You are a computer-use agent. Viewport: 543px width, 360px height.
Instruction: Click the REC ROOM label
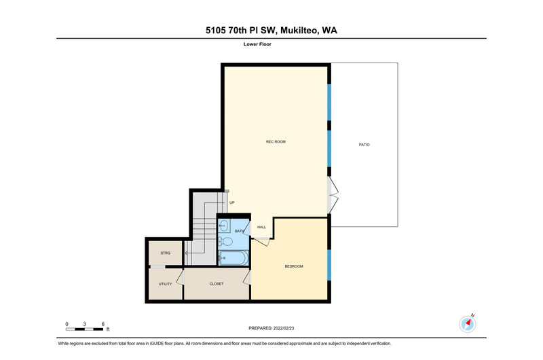click(276, 142)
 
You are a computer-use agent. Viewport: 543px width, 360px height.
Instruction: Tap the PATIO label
click(364, 145)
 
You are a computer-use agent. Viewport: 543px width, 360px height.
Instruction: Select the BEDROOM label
click(294, 266)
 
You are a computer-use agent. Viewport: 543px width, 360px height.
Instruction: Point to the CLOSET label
click(217, 284)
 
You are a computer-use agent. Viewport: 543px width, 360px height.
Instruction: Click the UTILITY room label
click(165, 284)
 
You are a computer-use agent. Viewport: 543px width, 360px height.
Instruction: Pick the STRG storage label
click(165, 253)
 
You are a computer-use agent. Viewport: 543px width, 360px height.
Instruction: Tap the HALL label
click(261, 228)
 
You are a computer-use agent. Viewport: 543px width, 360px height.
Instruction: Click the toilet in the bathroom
click(225, 241)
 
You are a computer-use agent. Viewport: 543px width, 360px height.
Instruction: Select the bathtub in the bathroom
click(233, 258)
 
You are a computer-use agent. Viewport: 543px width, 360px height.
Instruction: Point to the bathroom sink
click(223, 226)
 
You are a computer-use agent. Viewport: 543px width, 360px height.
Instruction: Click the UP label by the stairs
click(231, 202)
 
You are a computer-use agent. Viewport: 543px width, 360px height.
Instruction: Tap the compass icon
click(468, 324)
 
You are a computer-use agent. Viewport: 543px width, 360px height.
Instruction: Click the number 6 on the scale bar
click(103, 324)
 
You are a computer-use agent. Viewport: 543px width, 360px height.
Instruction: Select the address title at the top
click(271, 30)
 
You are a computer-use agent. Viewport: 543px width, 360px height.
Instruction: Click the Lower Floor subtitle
click(257, 44)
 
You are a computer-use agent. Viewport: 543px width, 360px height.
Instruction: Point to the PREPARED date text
click(271, 328)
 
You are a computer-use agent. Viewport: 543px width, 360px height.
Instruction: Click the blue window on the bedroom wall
click(329, 265)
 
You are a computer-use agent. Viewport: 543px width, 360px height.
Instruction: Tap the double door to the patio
click(333, 196)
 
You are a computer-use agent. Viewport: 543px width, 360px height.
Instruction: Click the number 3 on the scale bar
click(84, 324)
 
